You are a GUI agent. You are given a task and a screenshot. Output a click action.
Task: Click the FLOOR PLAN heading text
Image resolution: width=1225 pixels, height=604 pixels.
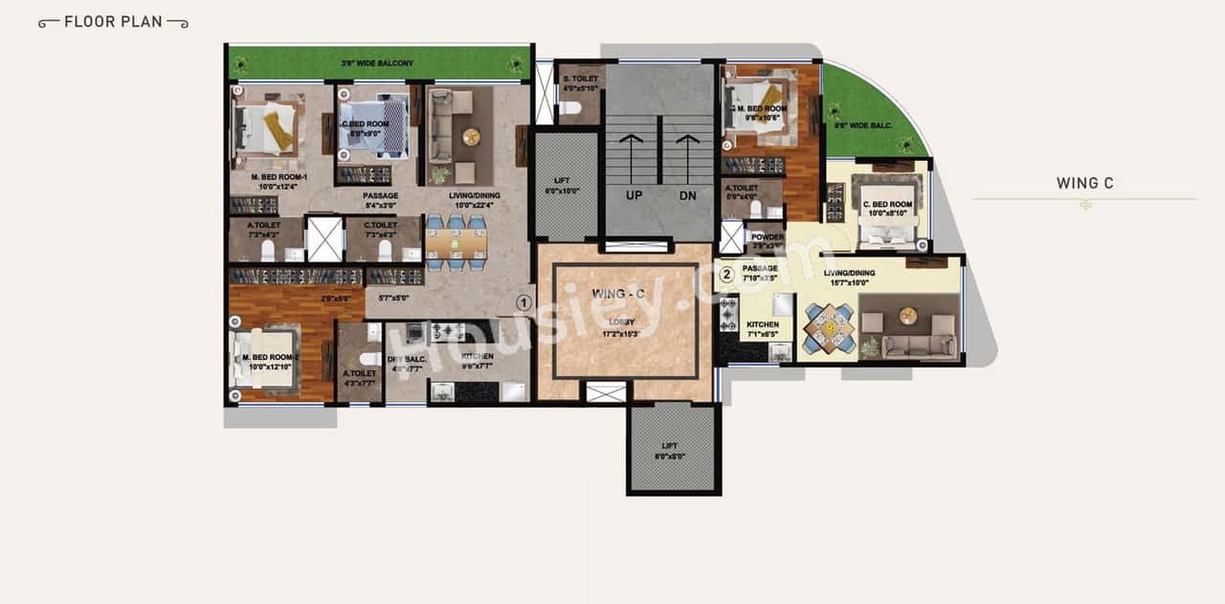pos(113,21)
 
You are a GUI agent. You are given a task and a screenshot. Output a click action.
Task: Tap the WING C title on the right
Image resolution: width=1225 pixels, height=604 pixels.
pos(1084,183)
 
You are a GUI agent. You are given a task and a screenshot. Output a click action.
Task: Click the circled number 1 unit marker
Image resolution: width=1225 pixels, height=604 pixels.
pos(523,302)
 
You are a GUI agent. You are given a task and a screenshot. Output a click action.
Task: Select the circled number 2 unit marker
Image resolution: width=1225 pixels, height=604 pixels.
pos(726,275)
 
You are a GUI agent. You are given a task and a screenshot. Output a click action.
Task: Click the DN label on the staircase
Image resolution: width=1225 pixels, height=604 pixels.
pos(687,194)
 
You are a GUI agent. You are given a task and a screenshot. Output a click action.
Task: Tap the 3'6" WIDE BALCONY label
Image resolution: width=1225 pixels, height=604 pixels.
pos(377,63)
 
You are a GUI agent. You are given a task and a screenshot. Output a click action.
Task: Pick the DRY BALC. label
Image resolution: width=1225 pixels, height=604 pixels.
pos(406,362)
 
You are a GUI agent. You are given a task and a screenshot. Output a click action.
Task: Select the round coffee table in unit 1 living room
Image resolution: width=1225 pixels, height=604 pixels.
pos(471,137)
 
